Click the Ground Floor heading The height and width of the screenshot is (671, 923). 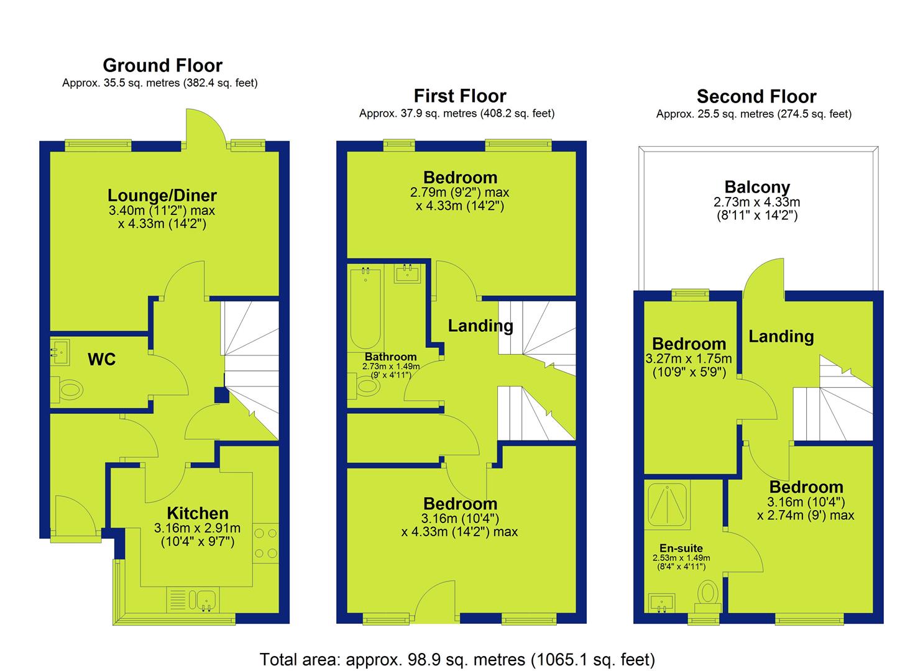(162, 65)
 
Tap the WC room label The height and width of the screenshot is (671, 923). (101, 360)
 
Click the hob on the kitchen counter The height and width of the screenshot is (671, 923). (266, 543)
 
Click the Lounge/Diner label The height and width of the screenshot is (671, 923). (162, 195)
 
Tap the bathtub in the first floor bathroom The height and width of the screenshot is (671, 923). (365, 308)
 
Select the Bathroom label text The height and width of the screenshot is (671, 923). (390, 357)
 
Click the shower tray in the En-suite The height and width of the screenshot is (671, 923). (667, 505)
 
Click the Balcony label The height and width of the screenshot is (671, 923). (757, 187)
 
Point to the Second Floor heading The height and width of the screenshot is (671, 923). (756, 97)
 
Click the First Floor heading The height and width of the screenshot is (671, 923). (460, 96)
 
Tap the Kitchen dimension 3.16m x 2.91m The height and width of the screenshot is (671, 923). (198, 528)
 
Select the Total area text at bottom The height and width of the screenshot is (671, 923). (457, 659)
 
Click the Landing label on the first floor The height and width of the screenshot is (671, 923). (480, 326)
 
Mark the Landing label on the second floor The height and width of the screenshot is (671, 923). (781, 337)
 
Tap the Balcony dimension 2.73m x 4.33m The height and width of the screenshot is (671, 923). (757, 203)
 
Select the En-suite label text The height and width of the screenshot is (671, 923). (681, 548)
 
